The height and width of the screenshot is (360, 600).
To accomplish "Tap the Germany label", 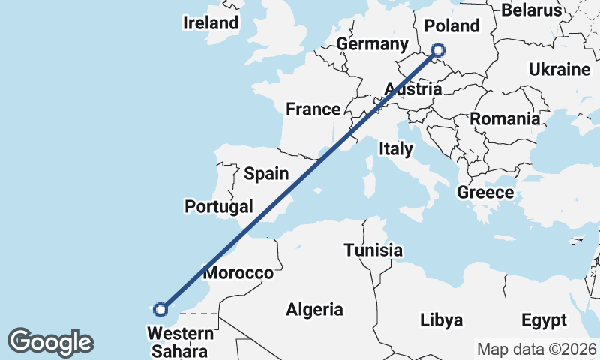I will point(372,43).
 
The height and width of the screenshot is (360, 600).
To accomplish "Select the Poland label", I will point(451,25).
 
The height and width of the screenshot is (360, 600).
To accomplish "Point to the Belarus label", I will point(531,10).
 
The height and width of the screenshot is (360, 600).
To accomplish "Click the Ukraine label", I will point(559,70).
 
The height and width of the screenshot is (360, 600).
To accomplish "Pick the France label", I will point(313,109).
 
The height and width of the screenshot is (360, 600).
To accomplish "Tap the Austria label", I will point(412,89).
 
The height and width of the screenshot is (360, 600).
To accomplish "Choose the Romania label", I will point(505,118).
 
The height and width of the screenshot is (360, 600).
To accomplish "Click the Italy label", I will point(395,148).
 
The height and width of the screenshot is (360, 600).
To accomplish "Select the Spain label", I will point(266,174).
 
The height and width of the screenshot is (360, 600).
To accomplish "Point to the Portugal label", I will point(219,206).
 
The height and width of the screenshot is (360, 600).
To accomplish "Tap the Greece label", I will point(485,193).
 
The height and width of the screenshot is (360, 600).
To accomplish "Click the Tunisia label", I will point(373,250).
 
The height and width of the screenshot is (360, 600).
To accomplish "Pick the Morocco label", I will point(238,272).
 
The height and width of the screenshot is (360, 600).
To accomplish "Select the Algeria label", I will point(314,309).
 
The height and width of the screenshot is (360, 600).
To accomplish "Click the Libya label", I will point(441,319).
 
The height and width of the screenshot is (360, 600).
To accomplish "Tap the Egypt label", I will point(544,321).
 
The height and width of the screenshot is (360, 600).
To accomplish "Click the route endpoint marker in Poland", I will point(437,51).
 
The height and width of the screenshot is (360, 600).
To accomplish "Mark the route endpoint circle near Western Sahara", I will point(160,309).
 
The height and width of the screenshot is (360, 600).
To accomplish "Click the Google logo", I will point(50,342).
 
